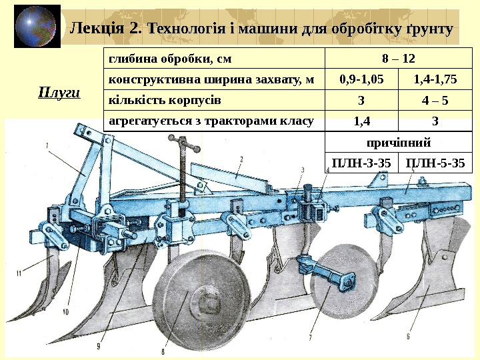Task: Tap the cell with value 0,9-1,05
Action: tap(361, 80)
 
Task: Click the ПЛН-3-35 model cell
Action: tap(361, 163)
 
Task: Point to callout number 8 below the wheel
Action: tap(162, 351)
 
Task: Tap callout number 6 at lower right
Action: tap(408, 327)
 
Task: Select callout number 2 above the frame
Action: tap(241, 159)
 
